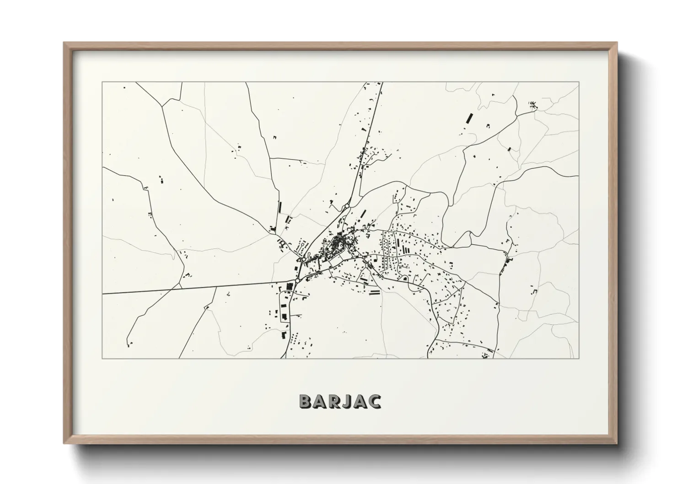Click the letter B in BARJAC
point(306,401)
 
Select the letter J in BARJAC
point(347,401)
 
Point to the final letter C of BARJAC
point(374,401)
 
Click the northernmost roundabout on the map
point(347,207)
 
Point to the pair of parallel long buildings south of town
point(374,292)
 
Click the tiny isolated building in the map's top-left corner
point(123,87)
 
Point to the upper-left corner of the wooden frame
point(64,43)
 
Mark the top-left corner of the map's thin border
point(102,82)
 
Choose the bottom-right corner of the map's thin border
point(579,358)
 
